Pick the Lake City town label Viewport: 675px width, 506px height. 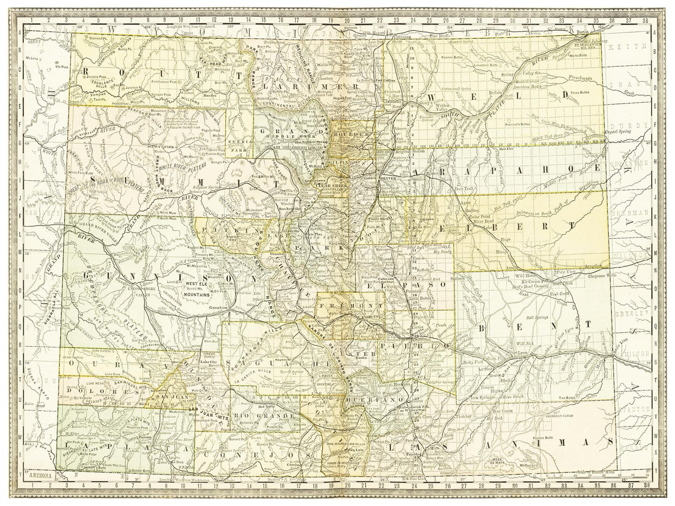(209, 361)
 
